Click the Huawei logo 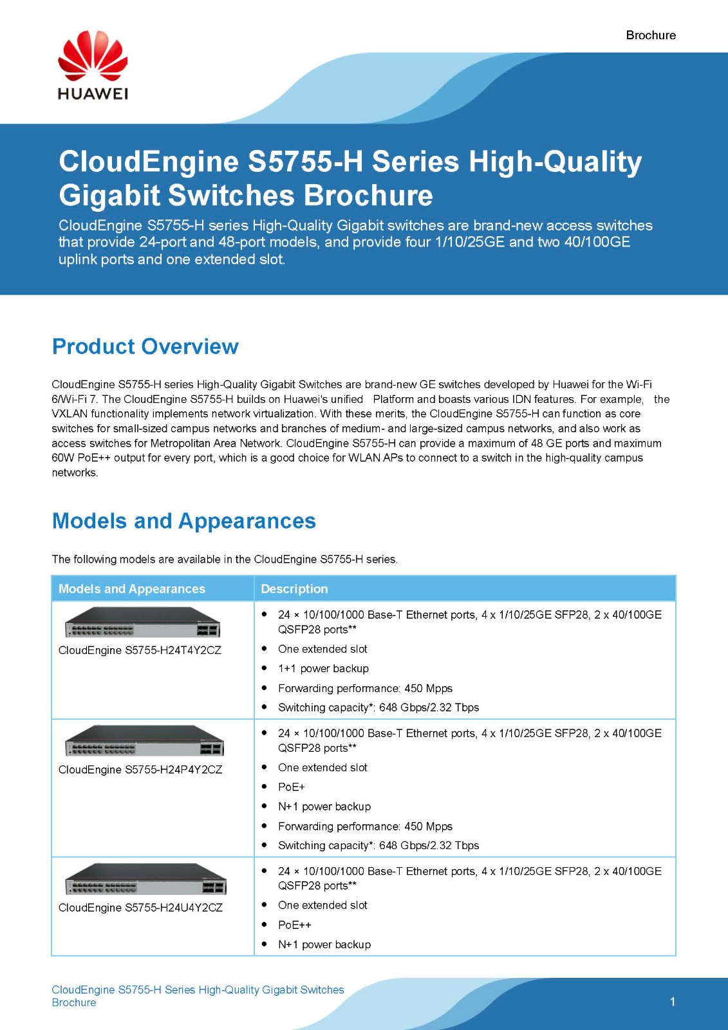point(93,66)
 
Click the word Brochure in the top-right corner point(650,35)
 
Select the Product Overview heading point(145,346)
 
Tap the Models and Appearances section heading point(183,521)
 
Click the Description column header point(294,588)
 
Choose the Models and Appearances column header point(131,588)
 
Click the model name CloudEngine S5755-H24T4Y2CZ point(140,650)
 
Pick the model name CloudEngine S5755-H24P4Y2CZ point(140,769)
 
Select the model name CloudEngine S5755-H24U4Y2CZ point(140,907)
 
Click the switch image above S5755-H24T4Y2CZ point(142,623)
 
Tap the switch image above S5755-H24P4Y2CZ point(144,741)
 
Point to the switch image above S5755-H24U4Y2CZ point(145,879)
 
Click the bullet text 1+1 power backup point(323,668)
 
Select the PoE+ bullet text point(291,787)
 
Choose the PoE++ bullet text point(294,924)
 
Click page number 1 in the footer point(673,1002)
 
